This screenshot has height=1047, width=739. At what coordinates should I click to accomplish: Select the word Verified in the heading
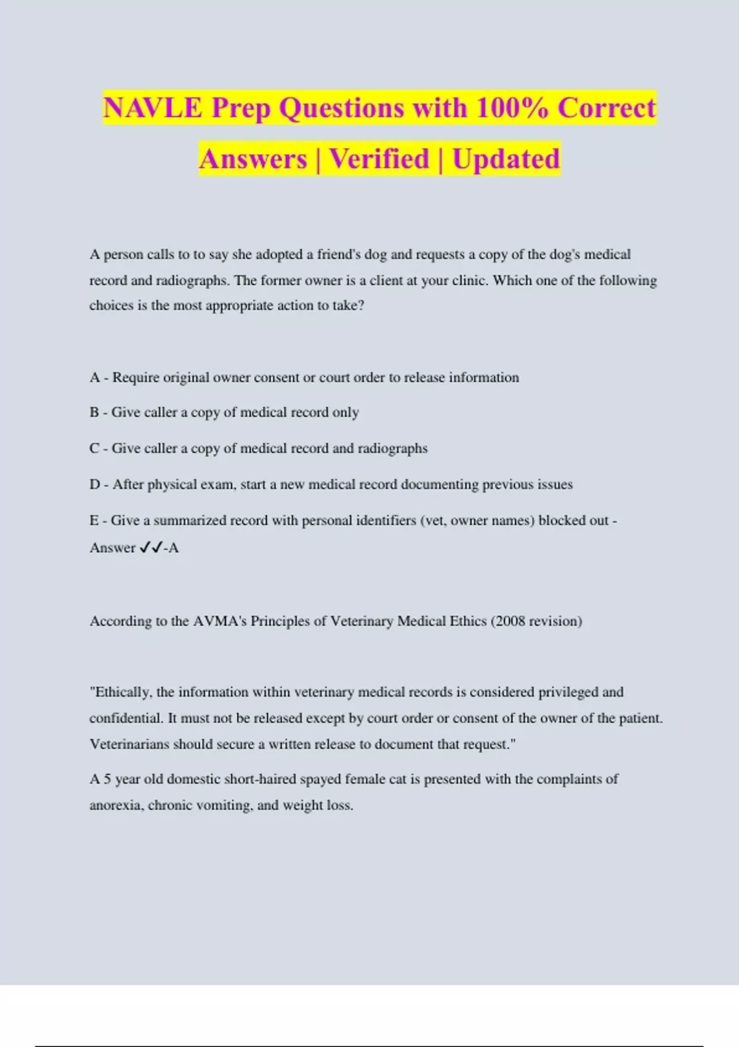[379, 159]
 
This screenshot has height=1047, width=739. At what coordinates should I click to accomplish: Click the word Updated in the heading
[506, 159]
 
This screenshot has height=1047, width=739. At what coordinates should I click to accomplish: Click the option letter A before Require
[95, 378]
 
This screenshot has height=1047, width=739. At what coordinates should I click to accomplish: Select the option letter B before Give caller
[94, 413]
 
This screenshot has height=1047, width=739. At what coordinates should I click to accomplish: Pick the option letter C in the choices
[95, 448]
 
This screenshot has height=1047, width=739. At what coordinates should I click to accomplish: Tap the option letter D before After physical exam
[95, 485]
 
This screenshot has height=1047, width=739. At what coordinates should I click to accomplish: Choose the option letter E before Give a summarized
[94, 520]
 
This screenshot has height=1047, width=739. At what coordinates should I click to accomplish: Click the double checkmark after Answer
[151, 548]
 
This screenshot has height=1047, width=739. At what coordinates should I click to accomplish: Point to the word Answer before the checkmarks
[113, 548]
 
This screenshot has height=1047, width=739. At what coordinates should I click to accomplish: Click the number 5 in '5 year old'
[107, 779]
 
